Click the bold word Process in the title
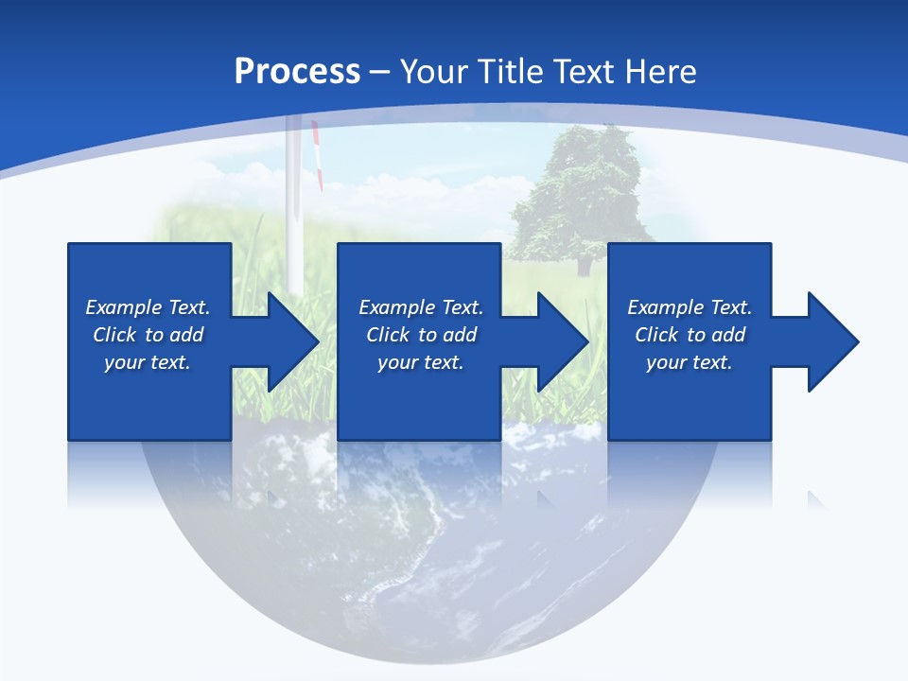pyautogui.click(x=297, y=72)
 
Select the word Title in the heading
pyautogui.click(x=513, y=72)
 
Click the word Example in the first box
pyautogui.click(x=123, y=307)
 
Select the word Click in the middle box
pyautogui.click(x=388, y=335)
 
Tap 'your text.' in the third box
pyautogui.click(x=689, y=362)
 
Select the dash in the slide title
pyautogui.click(x=380, y=73)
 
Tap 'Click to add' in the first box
pyautogui.click(x=148, y=335)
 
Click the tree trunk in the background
pyautogui.click(x=584, y=265)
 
